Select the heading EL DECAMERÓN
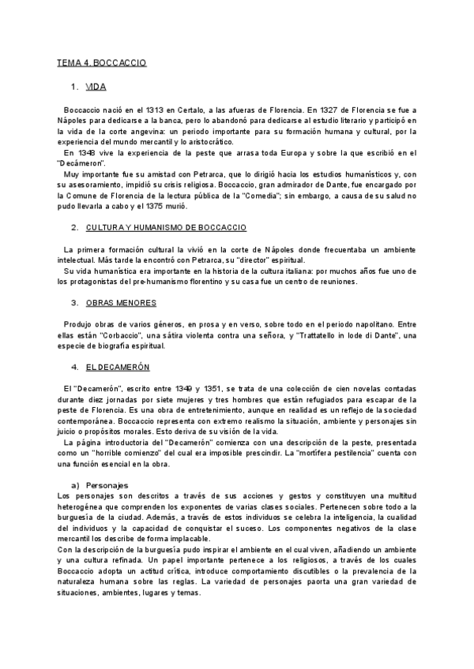pos(118,368)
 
